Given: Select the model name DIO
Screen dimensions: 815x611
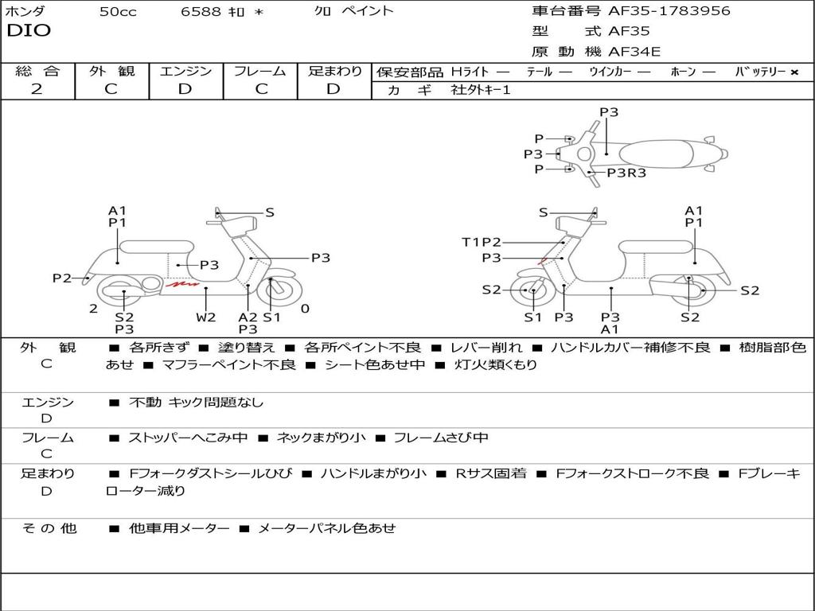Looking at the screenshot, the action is coord(29,31).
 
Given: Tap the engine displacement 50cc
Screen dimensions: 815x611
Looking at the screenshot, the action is coord(118,12).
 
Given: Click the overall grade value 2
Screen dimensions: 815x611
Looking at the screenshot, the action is coord(37,89).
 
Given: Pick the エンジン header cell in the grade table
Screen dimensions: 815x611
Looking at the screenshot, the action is coord(185,71).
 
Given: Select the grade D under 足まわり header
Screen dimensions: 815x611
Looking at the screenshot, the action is coord(333,89).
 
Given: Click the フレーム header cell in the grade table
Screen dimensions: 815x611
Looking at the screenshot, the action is coord(260,71).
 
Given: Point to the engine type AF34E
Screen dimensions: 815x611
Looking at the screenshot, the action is coord(634,53).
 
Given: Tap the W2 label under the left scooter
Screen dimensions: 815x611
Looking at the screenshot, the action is coord(206,317).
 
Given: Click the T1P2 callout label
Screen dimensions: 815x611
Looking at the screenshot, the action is coord(482,242).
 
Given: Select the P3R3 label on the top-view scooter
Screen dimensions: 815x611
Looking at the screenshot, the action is coord(626,173).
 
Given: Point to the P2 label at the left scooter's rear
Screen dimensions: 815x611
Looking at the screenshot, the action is coord(62,278).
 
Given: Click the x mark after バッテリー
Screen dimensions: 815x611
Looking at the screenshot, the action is coord(794,72).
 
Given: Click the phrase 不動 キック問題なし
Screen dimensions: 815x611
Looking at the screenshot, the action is coord(196,403).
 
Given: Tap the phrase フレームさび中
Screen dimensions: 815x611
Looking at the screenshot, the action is coord(441,438).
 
